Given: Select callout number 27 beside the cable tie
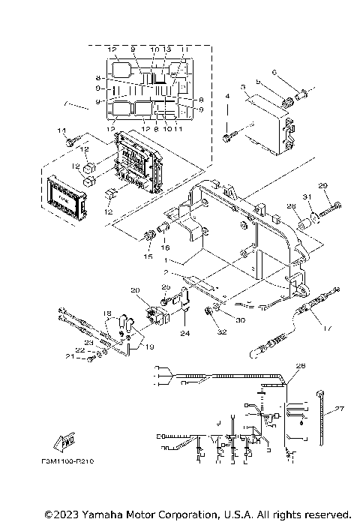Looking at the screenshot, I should (x=340, y=409).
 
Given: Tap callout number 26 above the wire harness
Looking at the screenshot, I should (x=301, y=366).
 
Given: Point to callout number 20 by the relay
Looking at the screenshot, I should (x=135, y=291).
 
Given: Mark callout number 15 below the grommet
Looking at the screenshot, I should (x=147, y=256).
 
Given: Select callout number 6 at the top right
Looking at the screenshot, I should (x=274, y=72).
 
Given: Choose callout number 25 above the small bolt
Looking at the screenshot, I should (x=166, y=287).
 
